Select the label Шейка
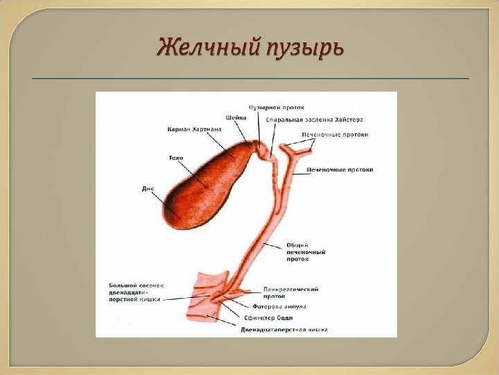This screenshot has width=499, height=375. click(x=236, y=117)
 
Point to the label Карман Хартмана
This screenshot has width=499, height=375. click(x=195, y=129)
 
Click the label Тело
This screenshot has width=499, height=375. click(x=175, y=158)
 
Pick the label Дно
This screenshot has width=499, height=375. click(x=148, y=188)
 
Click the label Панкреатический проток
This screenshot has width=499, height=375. click(x=290, y=292)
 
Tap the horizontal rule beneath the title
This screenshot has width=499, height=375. click(x=249, y=79)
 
